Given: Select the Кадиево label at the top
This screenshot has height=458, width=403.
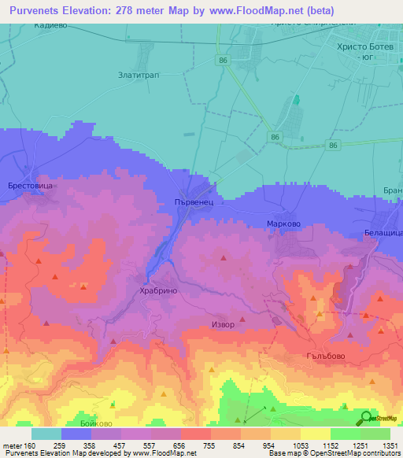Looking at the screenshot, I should click(52, 26).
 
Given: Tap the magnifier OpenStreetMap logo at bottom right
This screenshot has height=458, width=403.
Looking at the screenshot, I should click(367, 418).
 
